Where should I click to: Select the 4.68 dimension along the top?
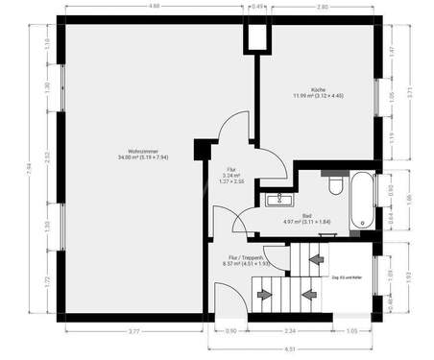155,7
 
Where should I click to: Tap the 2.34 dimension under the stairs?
290,332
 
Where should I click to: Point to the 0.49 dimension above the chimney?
258,7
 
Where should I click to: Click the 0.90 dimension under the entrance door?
230,332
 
